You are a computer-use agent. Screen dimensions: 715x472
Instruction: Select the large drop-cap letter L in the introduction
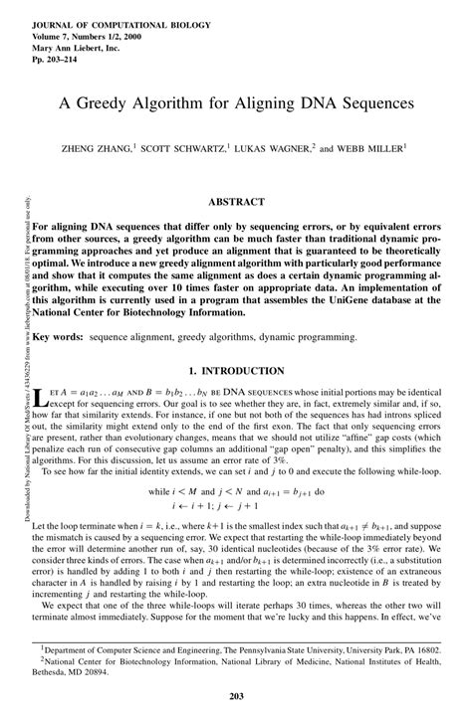(x=39, y=399)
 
